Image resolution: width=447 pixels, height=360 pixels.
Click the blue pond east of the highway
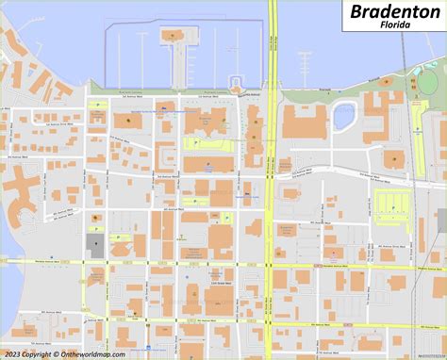point(343,118)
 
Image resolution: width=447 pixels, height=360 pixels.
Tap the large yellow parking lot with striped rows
point(392,204)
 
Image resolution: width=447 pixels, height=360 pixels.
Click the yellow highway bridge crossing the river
point(272,47)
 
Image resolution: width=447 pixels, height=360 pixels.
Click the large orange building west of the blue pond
point(304,122)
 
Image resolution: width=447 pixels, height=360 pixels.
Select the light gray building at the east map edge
point(441,221)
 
